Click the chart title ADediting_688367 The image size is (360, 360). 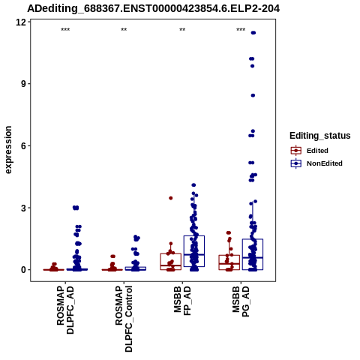[x=154, y=9]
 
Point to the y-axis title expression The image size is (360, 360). [x=8, y=150]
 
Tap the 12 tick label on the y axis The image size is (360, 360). [x=21, y=22]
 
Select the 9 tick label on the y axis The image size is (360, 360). [x=24, y=84]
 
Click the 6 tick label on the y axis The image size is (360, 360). [x=24, y=145]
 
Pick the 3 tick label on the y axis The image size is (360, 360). [x=24, y=208]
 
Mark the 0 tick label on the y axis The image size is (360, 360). [x=24, y=270]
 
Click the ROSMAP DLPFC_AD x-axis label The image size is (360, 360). [x=65, y=310]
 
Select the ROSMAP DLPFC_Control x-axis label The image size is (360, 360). [x=124, y=319]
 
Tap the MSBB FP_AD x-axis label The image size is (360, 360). [x=182, y=301]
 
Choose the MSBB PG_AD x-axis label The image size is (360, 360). [x=241, y=301]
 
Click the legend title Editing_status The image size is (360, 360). [x=320, y=136]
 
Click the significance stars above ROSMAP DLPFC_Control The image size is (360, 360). [x=124, y=30]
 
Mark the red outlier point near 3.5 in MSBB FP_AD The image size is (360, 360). [x=171, y=198]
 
